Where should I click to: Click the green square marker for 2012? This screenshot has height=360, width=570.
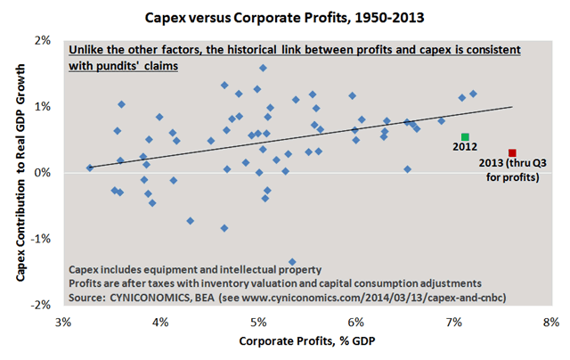click(465, 136)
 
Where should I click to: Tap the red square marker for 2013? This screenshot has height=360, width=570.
click(512, 153)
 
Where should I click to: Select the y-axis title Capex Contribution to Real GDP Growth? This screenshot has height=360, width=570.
click(19, 172)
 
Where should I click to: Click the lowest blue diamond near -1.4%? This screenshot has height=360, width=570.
click(292, 262)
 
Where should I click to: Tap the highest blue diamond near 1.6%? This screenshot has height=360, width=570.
click(263, 68)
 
